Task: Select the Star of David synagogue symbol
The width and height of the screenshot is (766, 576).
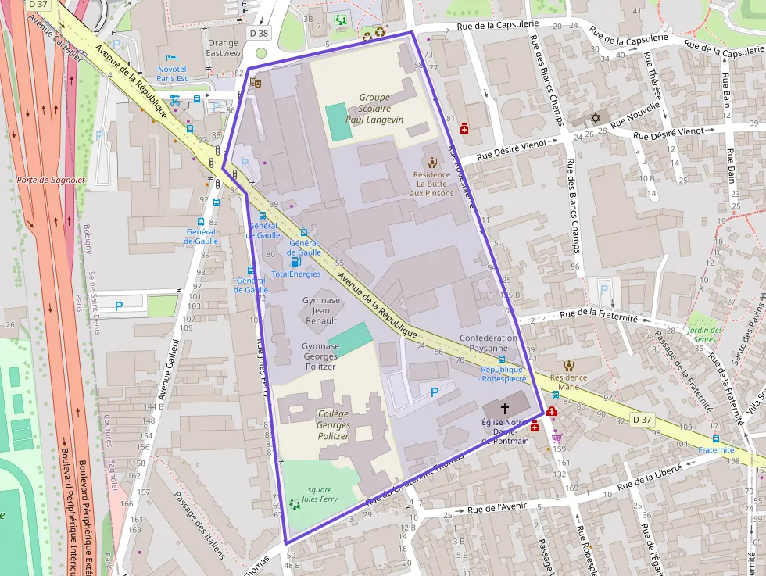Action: [596, 118]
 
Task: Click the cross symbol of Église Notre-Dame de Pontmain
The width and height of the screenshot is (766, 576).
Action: [504, 408]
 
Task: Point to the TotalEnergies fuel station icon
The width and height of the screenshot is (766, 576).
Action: [295, 263]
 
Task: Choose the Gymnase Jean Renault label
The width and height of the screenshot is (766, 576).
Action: [320, 310]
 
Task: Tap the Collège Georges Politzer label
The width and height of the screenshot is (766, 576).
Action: [334, 424]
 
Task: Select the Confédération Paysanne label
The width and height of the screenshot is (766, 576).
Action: [489, 343]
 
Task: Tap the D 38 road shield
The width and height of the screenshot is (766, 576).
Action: [259, 34]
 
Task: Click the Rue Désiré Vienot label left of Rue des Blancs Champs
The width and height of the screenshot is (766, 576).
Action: [516, 147]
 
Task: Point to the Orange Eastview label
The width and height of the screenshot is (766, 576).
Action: [222, 48]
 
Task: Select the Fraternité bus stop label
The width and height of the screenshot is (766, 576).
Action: [716, 449]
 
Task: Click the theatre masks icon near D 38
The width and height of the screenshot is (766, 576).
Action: [255, 80]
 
